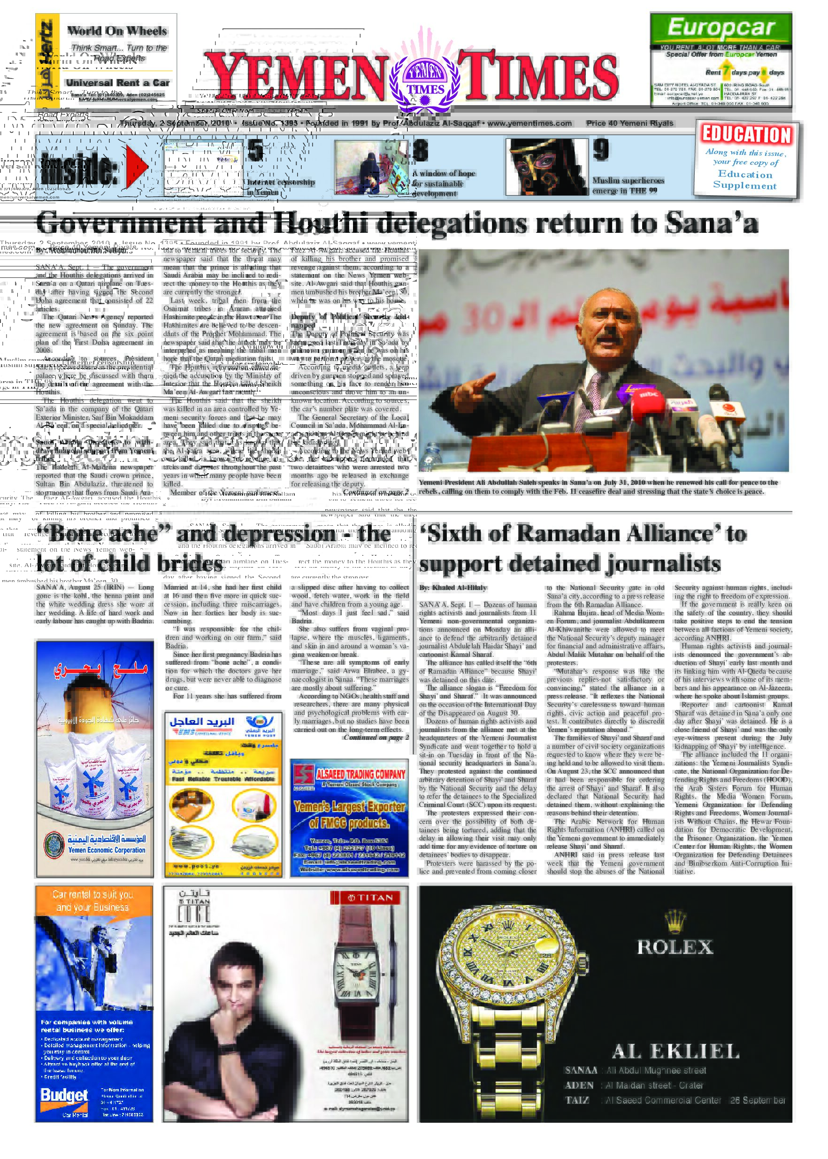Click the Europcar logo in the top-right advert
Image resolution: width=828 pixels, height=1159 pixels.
tap(721, 28)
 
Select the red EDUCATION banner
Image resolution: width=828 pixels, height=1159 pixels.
tap(746, 135)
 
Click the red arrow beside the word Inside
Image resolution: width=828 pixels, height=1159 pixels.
tap(137, 166)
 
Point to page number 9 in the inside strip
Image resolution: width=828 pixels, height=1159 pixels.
tap(601, 150)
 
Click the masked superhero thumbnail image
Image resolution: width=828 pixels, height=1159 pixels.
tap(546, 167)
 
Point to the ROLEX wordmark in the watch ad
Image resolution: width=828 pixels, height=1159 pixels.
tap(675, 947)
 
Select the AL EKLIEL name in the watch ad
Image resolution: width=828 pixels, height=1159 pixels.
tap(675, 1051)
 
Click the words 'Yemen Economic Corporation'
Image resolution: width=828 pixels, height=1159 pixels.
tap(107, 850)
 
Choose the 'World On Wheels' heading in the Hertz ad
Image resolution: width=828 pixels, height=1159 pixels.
tap(117, 31)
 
